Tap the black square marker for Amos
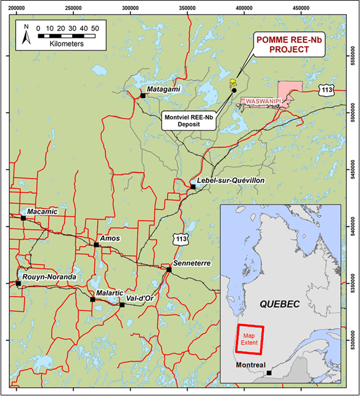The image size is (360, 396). point(96,244)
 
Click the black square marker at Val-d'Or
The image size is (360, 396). point(122,305)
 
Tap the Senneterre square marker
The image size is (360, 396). point(169,269)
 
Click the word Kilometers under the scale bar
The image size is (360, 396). point(66,44)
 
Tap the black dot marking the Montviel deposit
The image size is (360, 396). point(234,90)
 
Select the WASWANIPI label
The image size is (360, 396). point(263,102)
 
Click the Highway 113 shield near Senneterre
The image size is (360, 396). point(180,239)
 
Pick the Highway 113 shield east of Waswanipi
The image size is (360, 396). point(325,89)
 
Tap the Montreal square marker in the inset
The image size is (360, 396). point(269,373)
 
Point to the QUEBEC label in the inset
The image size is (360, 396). point(279,304)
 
